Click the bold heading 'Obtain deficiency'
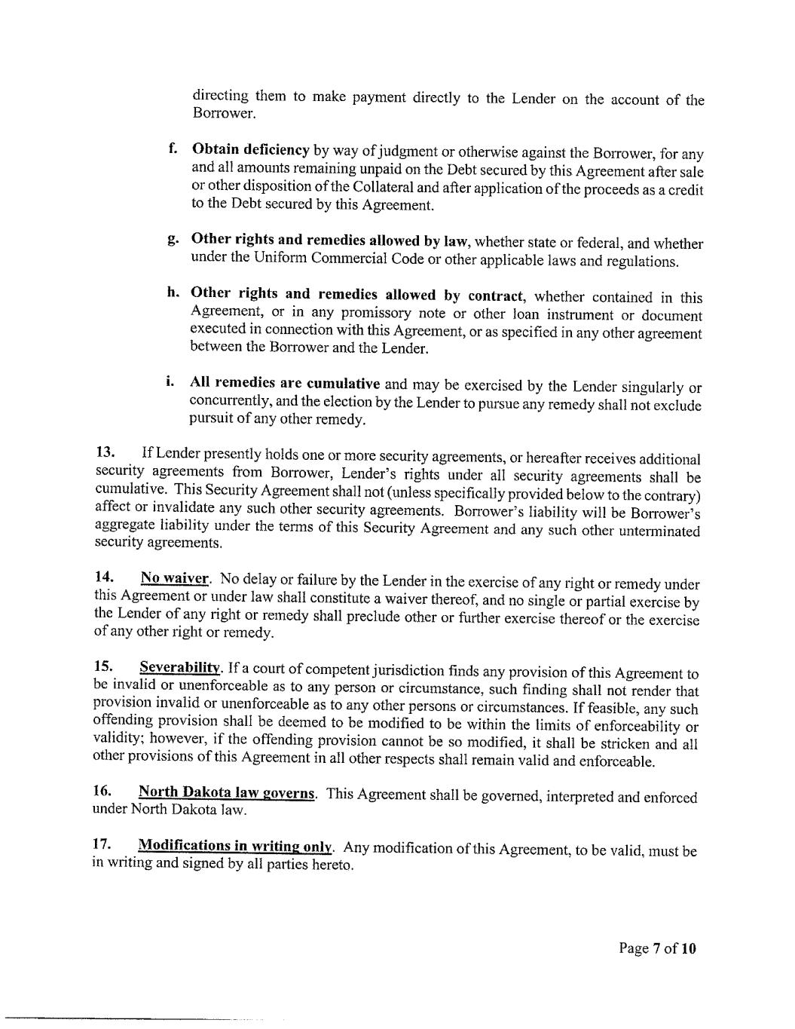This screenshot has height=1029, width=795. point(250,149)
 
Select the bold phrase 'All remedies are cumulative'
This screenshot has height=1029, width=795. point(285,383)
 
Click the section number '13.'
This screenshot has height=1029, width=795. point(105,452)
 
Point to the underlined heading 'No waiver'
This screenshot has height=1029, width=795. point(174,578)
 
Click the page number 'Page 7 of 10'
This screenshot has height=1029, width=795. point(657,948)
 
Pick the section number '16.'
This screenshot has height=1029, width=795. point(102,792)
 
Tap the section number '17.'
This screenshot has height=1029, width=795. point(102,844)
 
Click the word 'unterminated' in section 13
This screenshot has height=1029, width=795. point(660,531)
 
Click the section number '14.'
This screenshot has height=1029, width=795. point(105,577)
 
